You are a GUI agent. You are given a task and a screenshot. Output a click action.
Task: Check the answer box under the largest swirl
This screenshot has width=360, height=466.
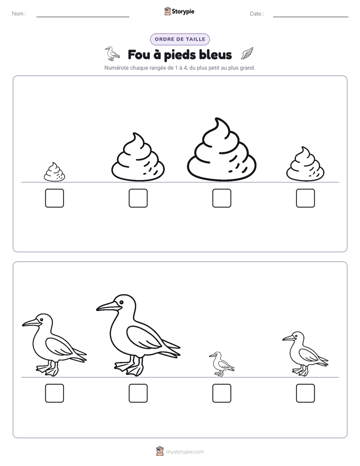[x=221, y=198]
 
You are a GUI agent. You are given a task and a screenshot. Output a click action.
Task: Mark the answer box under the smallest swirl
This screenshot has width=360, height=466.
[x=54, y=198]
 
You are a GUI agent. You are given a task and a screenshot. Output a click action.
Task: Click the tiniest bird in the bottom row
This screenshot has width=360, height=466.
[x=221, y=364]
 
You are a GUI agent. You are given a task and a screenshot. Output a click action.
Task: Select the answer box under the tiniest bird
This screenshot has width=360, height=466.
[x=221, y=393]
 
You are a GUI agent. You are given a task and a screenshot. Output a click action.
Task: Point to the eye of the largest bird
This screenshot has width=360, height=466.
[x=121, y=302]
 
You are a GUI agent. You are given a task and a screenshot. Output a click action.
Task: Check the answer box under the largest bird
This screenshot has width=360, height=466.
[x=138, y=393]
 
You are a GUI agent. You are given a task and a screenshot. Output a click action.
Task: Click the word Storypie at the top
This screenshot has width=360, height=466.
[x=183, y=12]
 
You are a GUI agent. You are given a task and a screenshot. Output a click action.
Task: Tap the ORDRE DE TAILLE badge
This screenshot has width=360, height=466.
[x=180, y=39]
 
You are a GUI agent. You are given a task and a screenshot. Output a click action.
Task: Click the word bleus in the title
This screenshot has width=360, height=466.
[x=215, y=54]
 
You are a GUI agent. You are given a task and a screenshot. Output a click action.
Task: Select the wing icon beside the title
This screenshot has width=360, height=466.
[x=247, y=53]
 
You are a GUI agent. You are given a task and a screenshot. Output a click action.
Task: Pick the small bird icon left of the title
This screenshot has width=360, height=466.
[x=112, y=54]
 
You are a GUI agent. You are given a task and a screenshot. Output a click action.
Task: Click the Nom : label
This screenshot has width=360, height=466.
[x=19, y=14]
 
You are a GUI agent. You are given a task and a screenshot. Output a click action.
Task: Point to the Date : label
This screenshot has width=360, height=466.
[x=257, y=14]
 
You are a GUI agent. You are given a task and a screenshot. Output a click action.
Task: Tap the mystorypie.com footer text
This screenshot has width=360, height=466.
[x=185, y=452]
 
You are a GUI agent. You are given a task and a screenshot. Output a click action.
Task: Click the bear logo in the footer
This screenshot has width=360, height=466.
[x=160, y=451]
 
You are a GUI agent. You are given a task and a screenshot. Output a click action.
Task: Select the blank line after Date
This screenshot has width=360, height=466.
[x=311, y=17]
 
